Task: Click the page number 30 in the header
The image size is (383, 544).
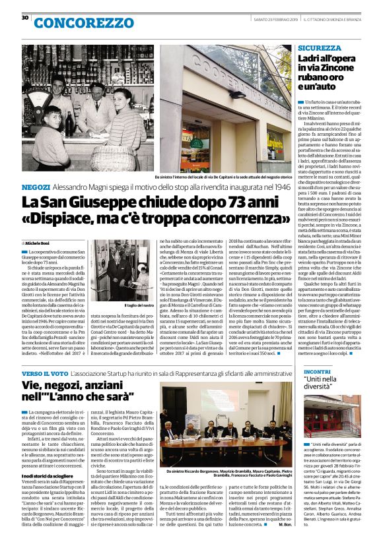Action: pos(24,18)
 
